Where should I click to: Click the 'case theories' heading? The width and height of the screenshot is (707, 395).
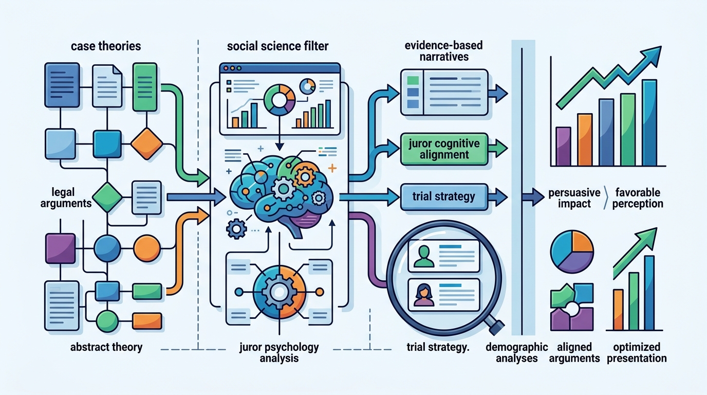point(106,46)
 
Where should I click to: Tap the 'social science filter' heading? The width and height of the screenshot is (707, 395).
point(278,46)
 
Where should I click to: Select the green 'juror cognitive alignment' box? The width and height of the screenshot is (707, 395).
point(444,149)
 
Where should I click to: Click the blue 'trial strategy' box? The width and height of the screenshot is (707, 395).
point(444,197)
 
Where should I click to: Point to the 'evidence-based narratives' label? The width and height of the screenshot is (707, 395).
point(444,51)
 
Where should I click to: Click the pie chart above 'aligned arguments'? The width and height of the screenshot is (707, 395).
point(572,252)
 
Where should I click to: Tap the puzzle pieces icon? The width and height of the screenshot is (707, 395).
point(572,307)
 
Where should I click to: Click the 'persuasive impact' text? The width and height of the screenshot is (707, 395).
point(574,198)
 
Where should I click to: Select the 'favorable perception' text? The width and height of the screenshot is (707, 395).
point(638,198)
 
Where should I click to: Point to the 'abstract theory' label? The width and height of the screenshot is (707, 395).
point(106,347)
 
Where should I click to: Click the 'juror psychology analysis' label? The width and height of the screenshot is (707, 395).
point(279,353)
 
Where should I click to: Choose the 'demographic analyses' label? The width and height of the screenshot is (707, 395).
point(517,353)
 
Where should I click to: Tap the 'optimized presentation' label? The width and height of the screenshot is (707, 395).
point(637,353)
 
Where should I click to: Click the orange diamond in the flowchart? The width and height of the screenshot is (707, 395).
point(147,144)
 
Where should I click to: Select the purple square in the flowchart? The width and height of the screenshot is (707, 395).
point(61,248)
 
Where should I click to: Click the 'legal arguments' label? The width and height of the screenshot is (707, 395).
point(66,197)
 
